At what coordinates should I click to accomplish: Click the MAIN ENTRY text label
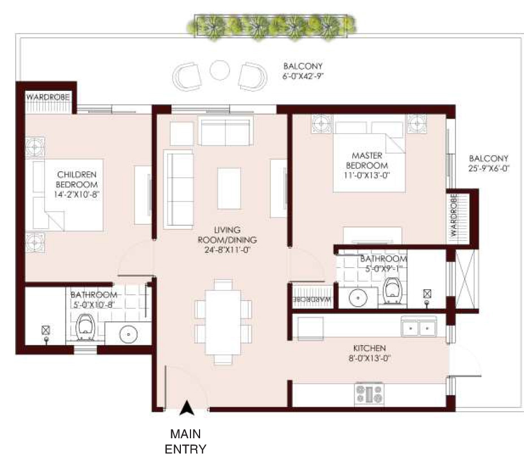tap(185, 441)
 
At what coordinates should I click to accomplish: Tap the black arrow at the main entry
tap(187, 408)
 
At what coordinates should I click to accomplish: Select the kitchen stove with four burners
tap(369, 394)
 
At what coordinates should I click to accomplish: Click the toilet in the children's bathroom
tap(85, 327)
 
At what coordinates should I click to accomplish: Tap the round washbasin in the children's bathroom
tap(128, 333)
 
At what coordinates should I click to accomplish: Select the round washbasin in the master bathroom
tap(358, 297)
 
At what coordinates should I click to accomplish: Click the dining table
tap(223, 322)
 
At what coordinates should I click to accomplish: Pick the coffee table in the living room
tap(229, 188)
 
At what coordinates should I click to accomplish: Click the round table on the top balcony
tap(219, 70)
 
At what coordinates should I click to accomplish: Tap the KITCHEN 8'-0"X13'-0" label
tap(370, 353)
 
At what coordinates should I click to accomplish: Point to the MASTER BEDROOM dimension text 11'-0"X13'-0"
tap(367, 175)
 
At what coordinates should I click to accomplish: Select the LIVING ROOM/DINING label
tap(227, 239)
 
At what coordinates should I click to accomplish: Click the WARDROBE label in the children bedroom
tap(48, 97)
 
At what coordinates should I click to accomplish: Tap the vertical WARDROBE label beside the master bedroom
tap(453, 215)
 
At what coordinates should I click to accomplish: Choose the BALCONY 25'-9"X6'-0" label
tap(488, 163)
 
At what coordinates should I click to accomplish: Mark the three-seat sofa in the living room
tap(179, 189)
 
